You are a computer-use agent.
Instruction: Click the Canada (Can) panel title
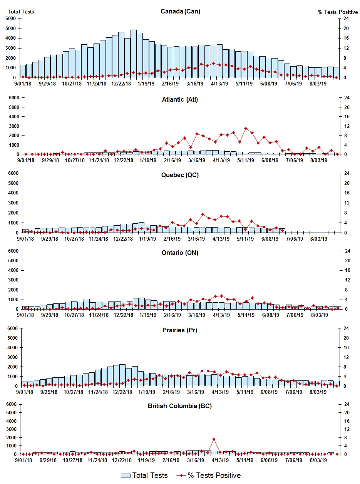tap(180, 11)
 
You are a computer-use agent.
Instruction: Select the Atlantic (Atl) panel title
tap(180, 100)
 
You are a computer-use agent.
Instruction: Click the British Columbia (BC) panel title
tap(180, 406)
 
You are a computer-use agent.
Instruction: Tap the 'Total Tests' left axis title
tap(21, 12)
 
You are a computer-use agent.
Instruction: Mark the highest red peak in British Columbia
tap(214, 439)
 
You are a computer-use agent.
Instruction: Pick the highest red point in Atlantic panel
tap(246, 129)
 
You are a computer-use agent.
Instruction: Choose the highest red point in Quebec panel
tap(203, 214)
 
